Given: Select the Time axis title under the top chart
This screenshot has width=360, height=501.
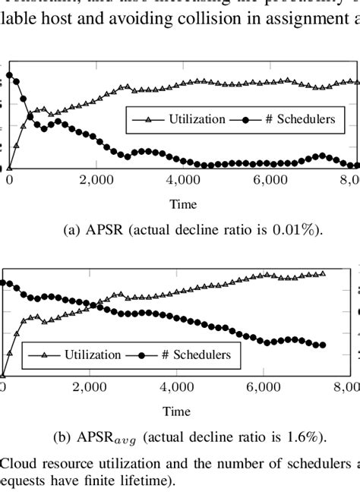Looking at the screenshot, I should [184, 203].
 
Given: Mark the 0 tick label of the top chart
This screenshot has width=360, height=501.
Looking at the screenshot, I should [9, 180].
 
